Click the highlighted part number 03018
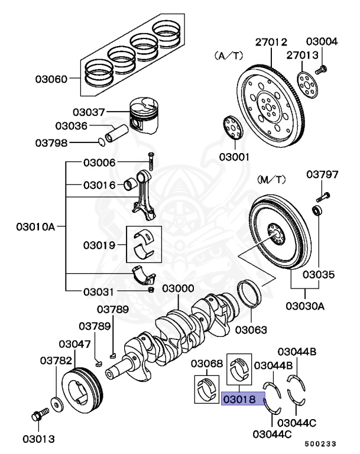(239, 400)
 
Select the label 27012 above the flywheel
(271, 42)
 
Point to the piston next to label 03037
(146, 116)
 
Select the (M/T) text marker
(271, 178)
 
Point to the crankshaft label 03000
(179, 288)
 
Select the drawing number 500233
(323, 442)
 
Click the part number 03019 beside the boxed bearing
(99, 244)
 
